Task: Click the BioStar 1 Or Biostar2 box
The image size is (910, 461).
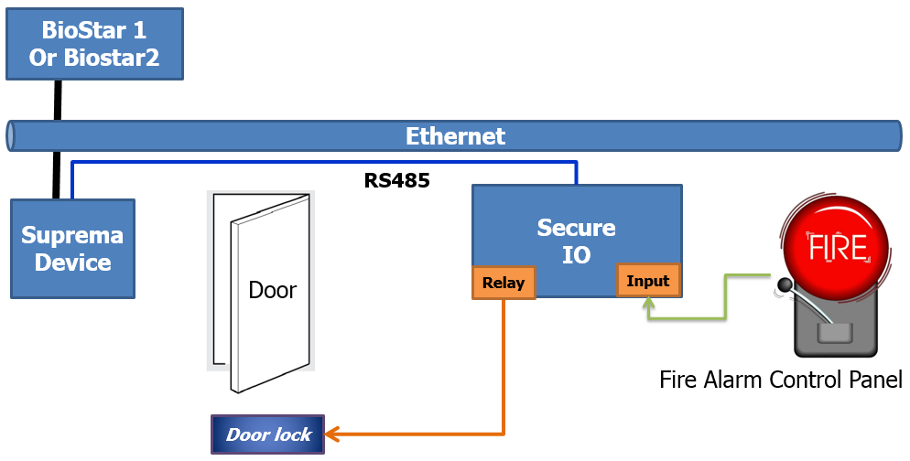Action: point(94,45)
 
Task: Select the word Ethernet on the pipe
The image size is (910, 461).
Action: point(455,137)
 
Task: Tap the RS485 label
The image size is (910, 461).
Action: point(396,180)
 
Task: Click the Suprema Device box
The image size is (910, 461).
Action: point(72,249)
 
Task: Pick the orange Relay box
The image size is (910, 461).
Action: point(504,283)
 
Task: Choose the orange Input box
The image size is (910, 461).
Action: point(648,281)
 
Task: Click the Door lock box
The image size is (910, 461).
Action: point(268,434)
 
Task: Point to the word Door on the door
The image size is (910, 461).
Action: point(273,291)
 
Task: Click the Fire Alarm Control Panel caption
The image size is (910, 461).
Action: point(781,380)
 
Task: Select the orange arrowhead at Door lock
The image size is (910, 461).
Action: point(332,434)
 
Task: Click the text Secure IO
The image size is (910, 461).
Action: point(576,241)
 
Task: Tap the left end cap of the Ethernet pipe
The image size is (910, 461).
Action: point(11,136)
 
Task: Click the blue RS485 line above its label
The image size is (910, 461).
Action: point(320,164)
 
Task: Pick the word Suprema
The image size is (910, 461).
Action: point(72,235)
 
